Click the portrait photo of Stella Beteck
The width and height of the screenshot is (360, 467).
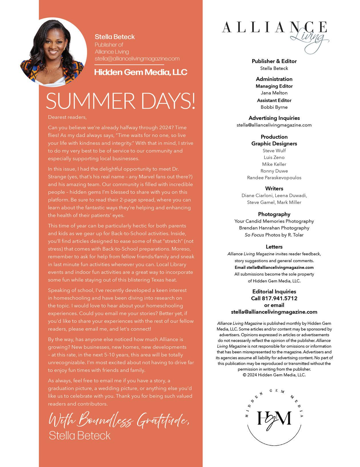coord(53,52)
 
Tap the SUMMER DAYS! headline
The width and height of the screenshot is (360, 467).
coord(121,101)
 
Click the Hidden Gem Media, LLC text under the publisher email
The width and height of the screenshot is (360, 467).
coord(141,72)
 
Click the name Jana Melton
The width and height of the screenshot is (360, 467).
coord(274,93)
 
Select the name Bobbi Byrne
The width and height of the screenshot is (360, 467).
coord(274,107)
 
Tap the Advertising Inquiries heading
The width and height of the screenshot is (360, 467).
coord(274,118)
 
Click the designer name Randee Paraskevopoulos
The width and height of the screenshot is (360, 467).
coord(274,178)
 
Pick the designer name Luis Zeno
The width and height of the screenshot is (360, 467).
coord(274,157)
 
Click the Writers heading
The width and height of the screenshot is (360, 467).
coord(274,188)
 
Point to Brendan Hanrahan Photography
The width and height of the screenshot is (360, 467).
coord(274,228)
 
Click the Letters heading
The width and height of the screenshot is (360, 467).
coord(274,247)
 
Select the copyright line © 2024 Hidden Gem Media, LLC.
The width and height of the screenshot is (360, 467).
coord(274,375)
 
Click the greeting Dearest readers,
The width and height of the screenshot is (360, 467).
coord(67,117)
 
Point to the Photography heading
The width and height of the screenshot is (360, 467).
coord(274,214)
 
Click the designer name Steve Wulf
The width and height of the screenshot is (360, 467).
coord(274,150)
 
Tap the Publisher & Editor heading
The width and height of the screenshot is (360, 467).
coord(274,61)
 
